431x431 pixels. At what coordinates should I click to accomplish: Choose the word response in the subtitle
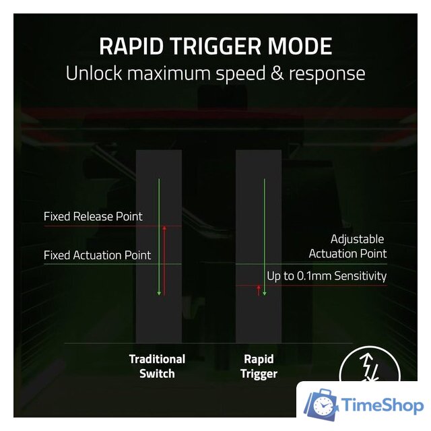(323, 74)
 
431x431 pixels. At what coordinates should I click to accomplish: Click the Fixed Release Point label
(93, 217)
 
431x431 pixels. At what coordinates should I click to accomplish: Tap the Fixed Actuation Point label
(97, 255)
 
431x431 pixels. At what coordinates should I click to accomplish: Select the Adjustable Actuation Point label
(347, 246)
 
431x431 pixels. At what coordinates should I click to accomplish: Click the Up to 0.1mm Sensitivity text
(327, 275)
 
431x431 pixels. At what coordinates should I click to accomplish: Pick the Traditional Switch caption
(157, 366)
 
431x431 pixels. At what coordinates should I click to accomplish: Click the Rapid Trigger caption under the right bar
(259, 366)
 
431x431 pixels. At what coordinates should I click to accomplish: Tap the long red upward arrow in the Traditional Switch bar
(164, 260)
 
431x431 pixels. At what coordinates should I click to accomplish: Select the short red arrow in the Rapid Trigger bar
(259, 290)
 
